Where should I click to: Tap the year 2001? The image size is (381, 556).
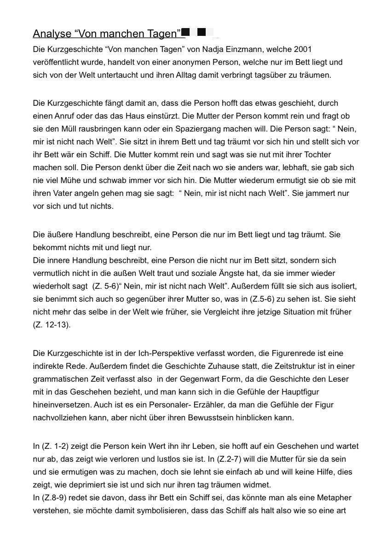pos(303,49)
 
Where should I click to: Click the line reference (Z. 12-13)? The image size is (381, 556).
pos(52,325)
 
